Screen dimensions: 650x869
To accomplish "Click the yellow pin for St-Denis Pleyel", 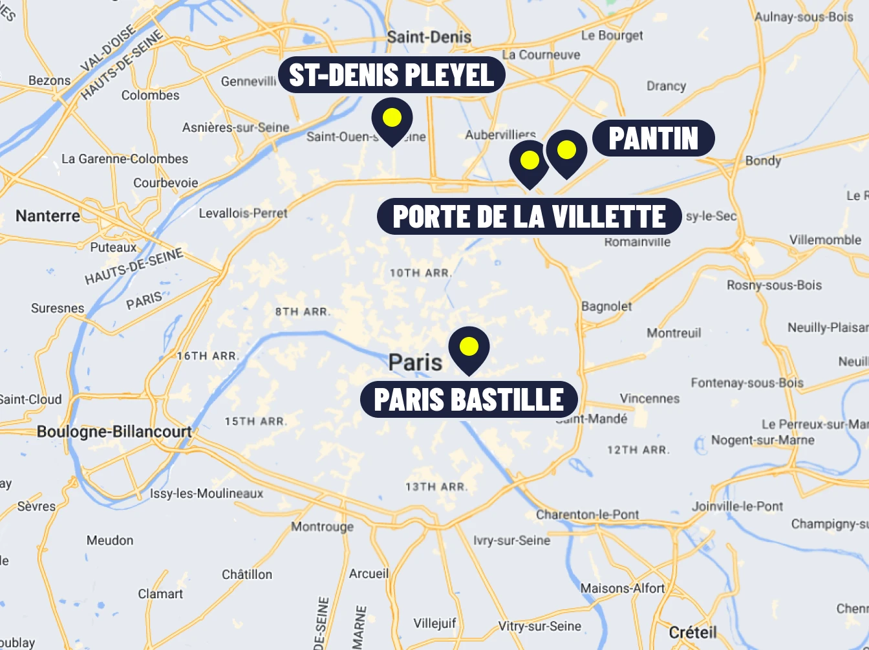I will click(392, 118).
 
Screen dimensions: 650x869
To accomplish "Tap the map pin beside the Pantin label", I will click(566, 151).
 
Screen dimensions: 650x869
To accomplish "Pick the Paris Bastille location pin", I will click(469, 347).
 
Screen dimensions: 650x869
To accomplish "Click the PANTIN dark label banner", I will click(653, 138).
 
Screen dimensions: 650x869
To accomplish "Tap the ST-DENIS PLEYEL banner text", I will click(391, 75).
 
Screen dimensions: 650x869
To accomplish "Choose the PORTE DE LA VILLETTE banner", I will click(529, 217).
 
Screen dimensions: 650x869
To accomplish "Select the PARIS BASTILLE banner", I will click(469, 400).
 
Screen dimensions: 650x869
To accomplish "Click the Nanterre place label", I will click(48, 216).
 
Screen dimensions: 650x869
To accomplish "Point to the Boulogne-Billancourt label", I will click(114, 431).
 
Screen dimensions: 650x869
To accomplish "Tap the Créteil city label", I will click(693, 632).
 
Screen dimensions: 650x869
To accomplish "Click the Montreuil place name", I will click(674, 333).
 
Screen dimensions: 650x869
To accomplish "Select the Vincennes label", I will click(650, 398).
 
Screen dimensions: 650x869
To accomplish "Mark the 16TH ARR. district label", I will click(208, 356).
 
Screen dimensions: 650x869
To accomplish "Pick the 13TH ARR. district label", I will click(436, 486).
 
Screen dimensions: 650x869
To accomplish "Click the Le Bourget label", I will click(612, 36).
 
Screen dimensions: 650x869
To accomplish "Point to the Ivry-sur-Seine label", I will click(511, 540).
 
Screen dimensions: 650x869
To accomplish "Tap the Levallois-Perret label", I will click(243, 213).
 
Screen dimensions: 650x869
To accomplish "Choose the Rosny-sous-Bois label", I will click(774, 285).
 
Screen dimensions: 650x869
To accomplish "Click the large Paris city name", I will click(415, 362).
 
